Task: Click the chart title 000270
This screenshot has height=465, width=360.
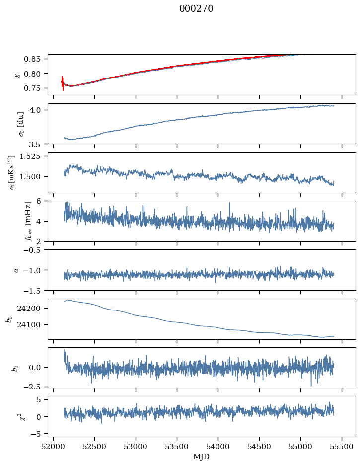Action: point(196,9)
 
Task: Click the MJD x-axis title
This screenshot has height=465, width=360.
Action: point(202,456)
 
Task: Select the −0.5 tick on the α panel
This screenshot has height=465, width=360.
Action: point(35,250)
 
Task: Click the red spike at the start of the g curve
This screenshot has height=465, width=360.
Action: point(63,82)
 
